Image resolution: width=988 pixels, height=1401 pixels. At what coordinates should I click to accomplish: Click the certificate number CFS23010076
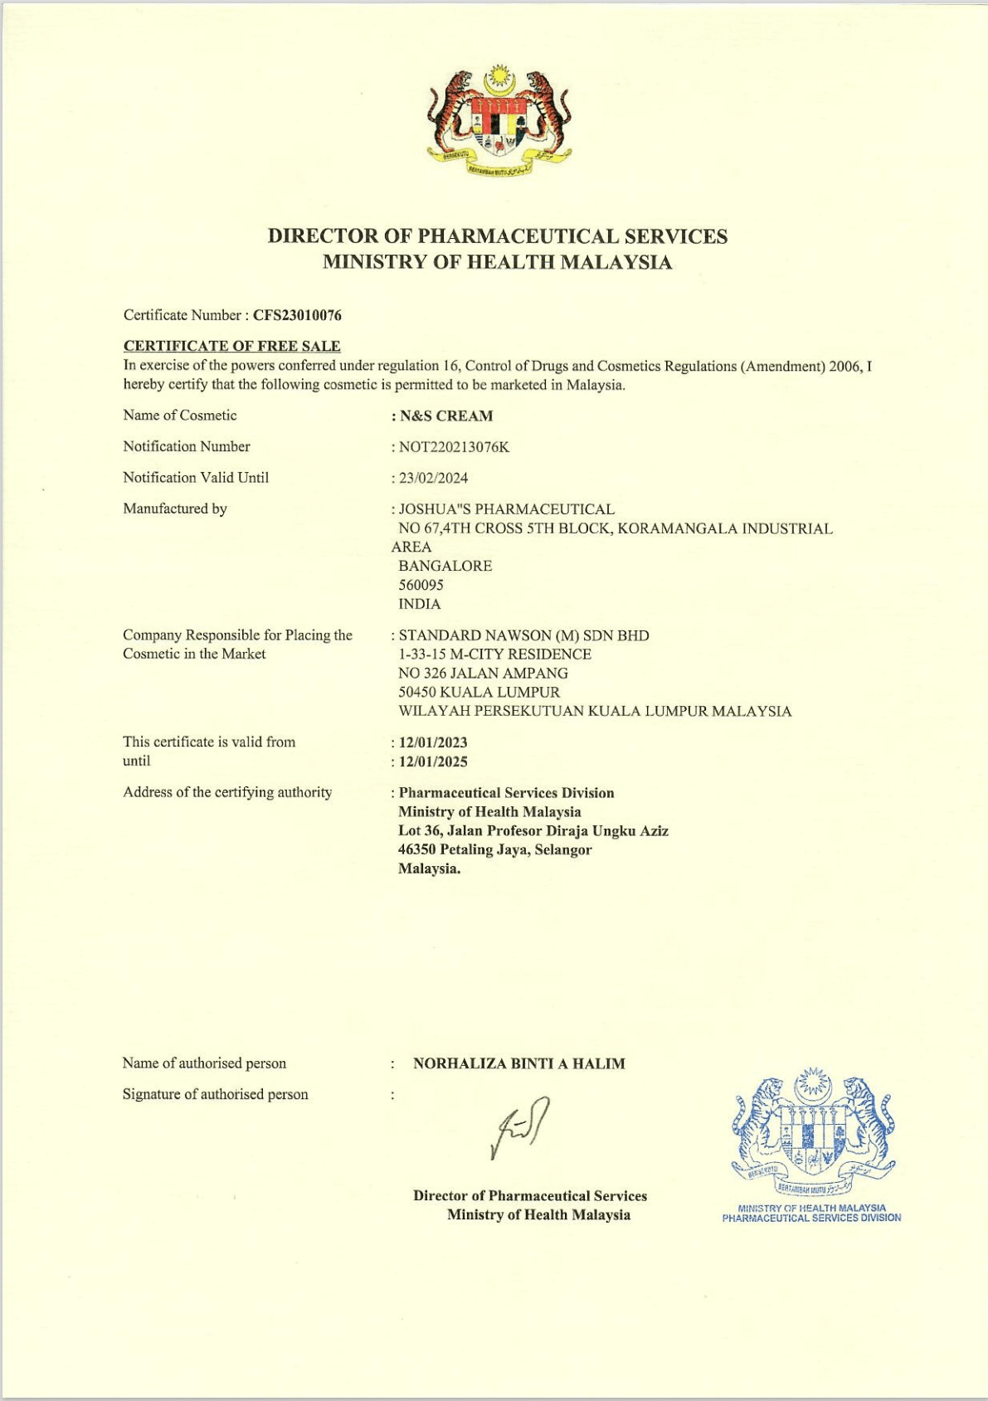[297, 315]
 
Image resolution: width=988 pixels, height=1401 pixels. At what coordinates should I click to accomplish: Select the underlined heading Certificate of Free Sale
[231, 346]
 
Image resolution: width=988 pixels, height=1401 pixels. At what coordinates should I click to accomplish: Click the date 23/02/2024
[433, 478]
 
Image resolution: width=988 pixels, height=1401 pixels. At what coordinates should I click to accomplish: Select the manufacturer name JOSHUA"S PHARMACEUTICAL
[507, 509]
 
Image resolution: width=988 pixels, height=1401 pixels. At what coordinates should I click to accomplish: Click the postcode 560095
[421, 585]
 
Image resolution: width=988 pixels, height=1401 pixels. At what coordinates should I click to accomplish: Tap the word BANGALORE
[445, 566]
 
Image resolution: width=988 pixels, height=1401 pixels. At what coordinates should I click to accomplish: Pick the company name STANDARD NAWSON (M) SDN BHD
[523, 635]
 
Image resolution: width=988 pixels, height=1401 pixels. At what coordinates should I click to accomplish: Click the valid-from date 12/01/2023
[433, 742]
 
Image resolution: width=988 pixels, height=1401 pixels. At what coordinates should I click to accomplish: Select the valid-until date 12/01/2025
[433, 761]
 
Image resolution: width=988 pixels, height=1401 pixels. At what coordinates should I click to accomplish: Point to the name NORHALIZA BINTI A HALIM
[518, 1063]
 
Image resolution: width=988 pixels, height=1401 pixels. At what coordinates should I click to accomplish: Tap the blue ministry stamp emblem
[813, 1128]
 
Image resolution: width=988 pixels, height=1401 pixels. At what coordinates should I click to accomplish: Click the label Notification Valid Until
[196, 478]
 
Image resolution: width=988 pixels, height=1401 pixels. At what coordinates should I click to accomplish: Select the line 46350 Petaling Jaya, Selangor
[494, 849]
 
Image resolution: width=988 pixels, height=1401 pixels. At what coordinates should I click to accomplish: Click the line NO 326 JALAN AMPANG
[483, 673]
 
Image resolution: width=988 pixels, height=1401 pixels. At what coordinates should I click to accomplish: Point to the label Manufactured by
[175, 508]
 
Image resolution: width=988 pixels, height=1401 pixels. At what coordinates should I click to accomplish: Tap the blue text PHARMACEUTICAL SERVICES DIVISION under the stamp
[811, 1218]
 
